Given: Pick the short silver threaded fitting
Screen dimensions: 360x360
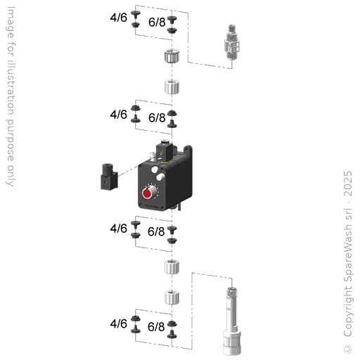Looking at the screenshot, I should click(231, 41).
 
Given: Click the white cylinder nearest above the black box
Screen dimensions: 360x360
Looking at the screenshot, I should click(172, 87).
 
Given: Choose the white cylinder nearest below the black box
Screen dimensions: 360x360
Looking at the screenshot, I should click(172, 266).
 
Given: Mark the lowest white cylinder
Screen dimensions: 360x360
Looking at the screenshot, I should click(172, 298).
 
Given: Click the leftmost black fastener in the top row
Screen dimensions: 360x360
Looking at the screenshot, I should click(136, 18).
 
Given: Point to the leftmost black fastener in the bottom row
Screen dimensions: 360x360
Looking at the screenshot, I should click(136, 325).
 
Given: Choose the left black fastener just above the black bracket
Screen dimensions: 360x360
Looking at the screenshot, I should click(136, 112).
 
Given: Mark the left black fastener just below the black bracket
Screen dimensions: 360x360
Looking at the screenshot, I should click(136, 229).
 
